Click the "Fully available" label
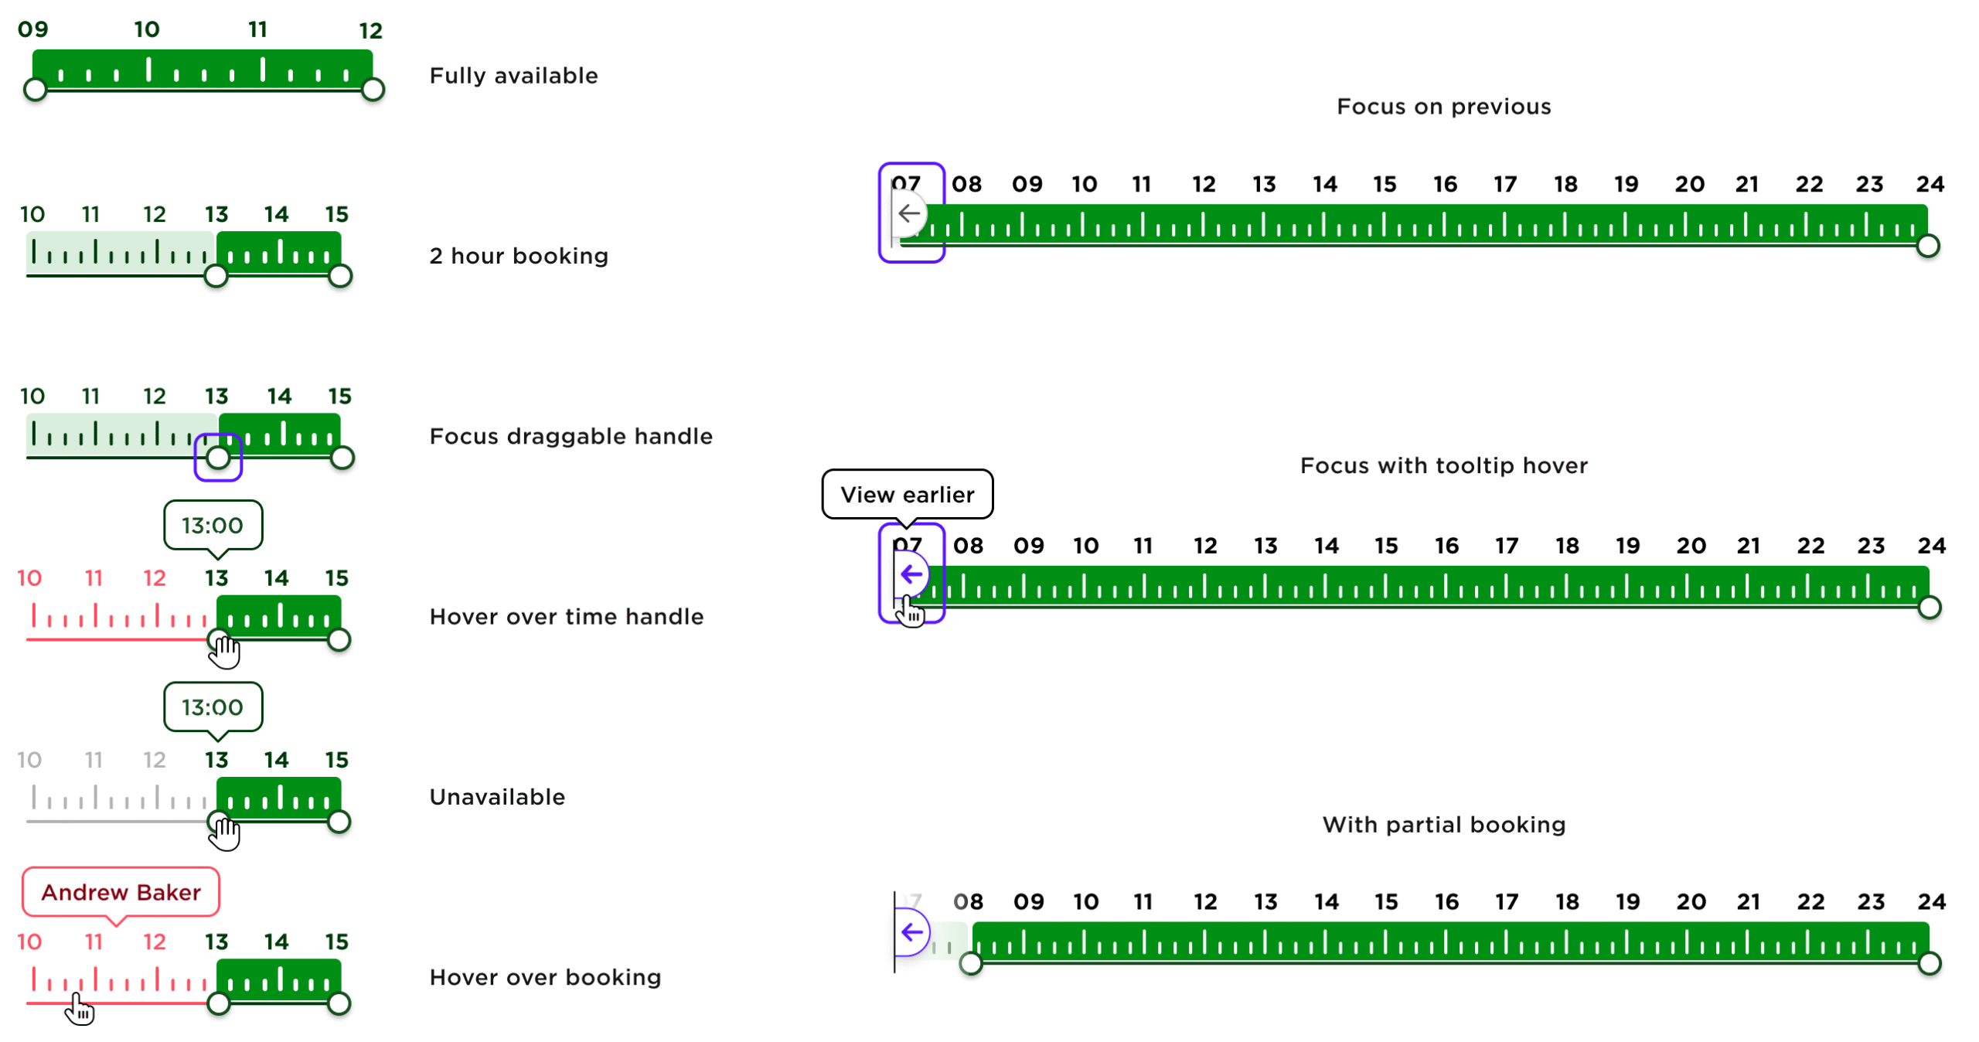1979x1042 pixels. [x=513, y=76]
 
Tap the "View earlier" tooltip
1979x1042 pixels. [x=906, y=494]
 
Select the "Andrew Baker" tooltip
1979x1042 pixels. [x=121, y=892]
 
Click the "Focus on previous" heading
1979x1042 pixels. [x=1443, y=106]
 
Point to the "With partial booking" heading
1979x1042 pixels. [x=1443, y=824]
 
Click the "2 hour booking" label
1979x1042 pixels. [x=519, y=256]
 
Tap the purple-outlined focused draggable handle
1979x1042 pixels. [x=218, y=458]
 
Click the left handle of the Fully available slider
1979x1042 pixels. [x=35, y=90]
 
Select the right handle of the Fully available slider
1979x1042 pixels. [x=373, y=90]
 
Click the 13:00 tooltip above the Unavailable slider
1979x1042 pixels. [x=213, y=707]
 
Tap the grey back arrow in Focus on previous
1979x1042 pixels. [x=909, y=213]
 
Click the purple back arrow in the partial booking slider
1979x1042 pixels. [x=911, y=931]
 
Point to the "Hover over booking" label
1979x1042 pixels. [x=545, y=977]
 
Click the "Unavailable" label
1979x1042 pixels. [x=497, y=797]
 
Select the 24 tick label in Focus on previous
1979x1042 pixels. [x=1929, y=184]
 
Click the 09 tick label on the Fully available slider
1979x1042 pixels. [x=33, y=29]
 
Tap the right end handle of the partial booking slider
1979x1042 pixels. [x=1929, y=963]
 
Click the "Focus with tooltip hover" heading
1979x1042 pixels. [x=1443, y=465]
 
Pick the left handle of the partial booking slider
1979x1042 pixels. [x=970, y=963]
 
